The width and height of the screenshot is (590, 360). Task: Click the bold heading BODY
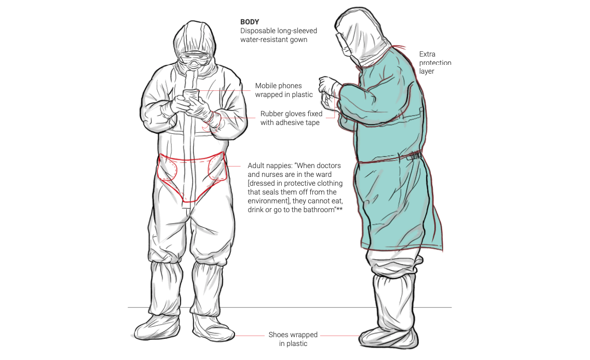(x=250, y=22)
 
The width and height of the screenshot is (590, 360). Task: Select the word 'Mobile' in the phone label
(x=266, y=86)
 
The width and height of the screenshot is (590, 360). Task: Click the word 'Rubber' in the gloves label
(x=271, y=114)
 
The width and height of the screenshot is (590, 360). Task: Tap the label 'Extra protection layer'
(x=435, y=62)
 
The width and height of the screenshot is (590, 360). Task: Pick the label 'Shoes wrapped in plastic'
(x=293, y=339)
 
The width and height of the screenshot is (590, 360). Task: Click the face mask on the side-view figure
(x=348, y=51)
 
